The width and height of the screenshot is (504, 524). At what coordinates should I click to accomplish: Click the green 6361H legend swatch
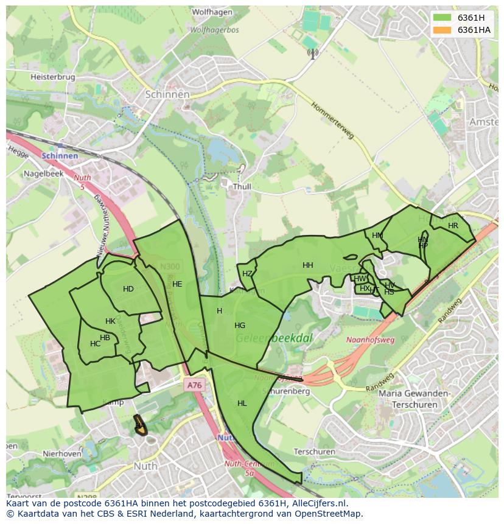point(442,17)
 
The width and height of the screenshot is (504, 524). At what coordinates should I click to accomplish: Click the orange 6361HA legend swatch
point(442,30)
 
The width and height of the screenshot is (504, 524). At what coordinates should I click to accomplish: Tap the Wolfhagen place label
point(212,12)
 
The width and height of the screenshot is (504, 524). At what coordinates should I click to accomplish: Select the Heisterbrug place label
point(52,77)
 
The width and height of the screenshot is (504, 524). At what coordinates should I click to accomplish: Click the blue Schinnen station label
point(60,156)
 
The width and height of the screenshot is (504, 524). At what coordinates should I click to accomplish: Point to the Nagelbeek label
point(43,173)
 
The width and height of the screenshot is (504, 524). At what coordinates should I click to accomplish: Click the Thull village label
point(241,187)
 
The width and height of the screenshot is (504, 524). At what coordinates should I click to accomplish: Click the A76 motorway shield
point(194,385)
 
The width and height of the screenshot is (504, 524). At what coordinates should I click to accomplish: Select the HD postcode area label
point(128,289)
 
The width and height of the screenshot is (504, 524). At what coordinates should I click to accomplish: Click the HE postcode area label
point(177,284)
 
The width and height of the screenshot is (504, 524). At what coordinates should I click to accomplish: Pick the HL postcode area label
point(242,403)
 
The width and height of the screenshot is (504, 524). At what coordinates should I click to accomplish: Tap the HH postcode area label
point(308,265)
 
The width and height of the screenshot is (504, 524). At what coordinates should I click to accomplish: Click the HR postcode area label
point(453,226)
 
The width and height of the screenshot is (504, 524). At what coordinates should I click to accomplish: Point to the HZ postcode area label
point(247,274)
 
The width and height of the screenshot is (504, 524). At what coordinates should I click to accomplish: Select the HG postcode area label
point(240,326)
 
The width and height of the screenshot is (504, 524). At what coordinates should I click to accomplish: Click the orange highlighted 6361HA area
point(140,426)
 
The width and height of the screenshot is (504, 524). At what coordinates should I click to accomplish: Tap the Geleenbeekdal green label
point(265,338)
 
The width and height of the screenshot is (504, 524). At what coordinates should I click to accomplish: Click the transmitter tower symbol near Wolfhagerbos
point(312,54)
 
